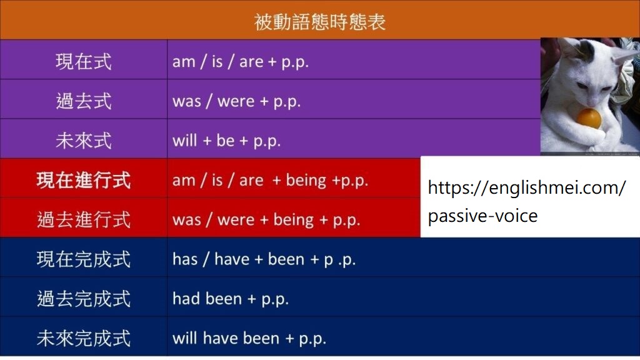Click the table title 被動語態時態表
coord(319,22)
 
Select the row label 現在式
coord(84,62)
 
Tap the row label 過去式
coord(84,101)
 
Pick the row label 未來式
coord(84,141)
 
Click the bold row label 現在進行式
coord(84,181)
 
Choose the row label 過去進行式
coord(84,219)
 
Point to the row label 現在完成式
coord(84,259)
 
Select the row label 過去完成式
coord(84,299)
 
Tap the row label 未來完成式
coord(84,338)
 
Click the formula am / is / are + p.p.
coord(241,62)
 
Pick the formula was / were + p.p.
coord(237,101)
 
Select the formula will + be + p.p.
coord(226,141)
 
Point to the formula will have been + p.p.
coord(249,339)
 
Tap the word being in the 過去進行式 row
coord(294,220)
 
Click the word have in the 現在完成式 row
coord(232,259)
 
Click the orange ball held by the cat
coord(589,119)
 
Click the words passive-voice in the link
coord(483,216)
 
